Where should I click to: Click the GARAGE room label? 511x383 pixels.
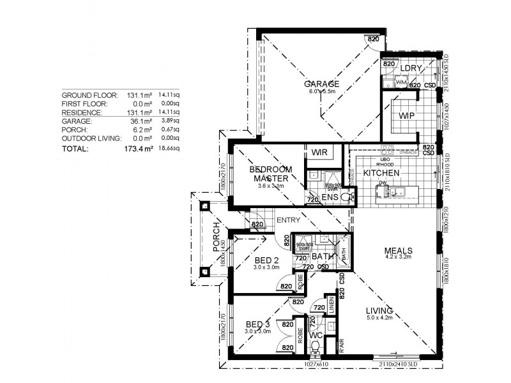321,84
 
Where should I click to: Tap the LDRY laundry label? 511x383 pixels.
409,68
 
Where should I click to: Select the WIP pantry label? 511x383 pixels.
407,117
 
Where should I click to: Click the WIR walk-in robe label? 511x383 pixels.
319,153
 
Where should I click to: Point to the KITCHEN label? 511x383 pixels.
381,173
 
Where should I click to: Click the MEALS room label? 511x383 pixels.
398,250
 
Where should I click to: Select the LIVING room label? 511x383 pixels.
379,311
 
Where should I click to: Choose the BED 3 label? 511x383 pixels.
258,324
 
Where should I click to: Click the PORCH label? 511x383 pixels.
217,237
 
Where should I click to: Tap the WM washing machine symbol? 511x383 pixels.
401,83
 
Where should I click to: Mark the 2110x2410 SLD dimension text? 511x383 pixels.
399,364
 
